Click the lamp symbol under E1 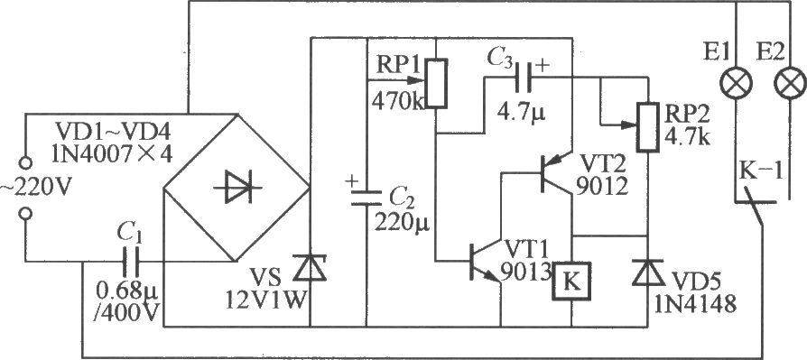[x=737, y=84]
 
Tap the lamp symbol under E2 [x=789, y=84]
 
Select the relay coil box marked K [x=571, y=281]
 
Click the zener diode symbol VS [x=310, y=269]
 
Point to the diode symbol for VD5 [x=647, y=273]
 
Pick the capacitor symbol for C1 [x=131, y=262]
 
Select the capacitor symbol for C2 [x=366, y=198]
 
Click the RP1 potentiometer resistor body [x=436, y=83]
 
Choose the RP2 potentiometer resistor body [x=647, y=127]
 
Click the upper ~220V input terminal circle [x=24, y=163]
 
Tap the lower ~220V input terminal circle [x=24, y=214]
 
